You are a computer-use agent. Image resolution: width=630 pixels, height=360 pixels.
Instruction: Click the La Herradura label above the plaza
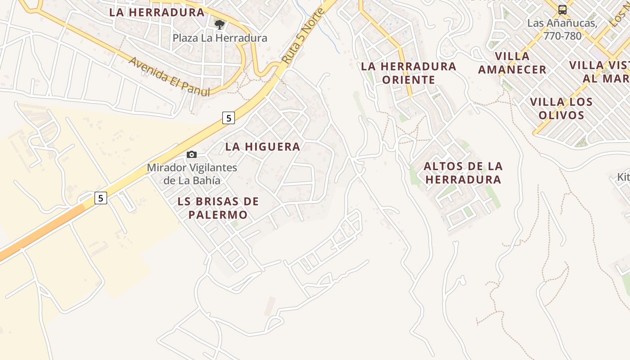pyautogui.click(x=157, y=12)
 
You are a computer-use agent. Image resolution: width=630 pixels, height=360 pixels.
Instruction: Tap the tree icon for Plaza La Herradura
pyautogui.click(x=220, y=24)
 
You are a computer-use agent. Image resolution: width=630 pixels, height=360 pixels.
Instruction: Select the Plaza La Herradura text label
pyautogui.click(x=220, y=38)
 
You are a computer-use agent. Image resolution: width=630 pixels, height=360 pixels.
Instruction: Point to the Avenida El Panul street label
pyautogui.click(x=170, y=76)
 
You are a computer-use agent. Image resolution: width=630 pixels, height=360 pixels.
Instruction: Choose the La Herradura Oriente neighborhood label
pyautogui.click(x=409, y=73)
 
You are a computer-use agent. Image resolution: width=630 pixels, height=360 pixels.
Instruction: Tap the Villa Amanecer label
pyautogui.click(x=512, y=63)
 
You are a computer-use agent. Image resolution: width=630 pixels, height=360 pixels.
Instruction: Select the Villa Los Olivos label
pyautogui.click(x=561, y=108)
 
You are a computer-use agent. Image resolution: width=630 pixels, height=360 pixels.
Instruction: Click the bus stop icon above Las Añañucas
pyautogui.click(x=562, y=9)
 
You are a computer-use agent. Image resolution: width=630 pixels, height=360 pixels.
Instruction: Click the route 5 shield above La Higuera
pyautogui.click(x=229, y=118)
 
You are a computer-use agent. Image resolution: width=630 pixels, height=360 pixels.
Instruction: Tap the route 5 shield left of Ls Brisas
pyautogui.click(x=101, y=198)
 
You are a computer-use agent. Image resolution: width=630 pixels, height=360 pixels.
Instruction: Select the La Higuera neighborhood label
pyautogui.click(x=263, y=147)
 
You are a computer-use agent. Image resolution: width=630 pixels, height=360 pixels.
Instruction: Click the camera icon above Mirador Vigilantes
pyautogui.click(x=192, y=155)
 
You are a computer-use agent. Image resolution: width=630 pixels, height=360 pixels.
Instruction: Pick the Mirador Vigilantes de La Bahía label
pyautogui.click(x=192, y=174)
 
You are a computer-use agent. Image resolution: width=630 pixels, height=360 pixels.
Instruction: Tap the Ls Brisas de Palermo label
pyautogui.click(x=218, y=208)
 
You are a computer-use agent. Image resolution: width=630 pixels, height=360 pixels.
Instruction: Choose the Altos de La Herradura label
pyautogui.click(x=463, y=173)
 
